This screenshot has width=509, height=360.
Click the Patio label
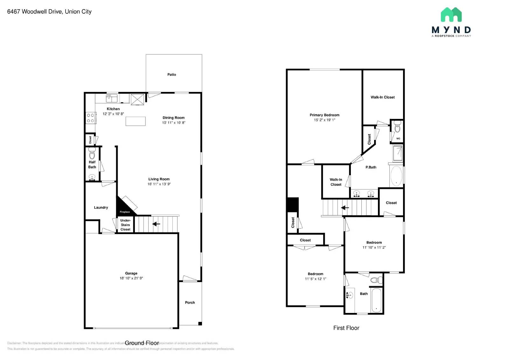171,74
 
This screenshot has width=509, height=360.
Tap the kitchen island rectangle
136,121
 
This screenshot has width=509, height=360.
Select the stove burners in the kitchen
90,118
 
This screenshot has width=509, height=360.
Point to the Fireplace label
125,212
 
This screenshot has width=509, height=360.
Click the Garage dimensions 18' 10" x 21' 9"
131,278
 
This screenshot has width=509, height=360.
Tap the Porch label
190,302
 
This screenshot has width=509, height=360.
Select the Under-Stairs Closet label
125,225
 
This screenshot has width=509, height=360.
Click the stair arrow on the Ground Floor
156,224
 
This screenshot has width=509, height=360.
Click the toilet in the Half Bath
92,155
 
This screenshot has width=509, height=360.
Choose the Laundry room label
101,207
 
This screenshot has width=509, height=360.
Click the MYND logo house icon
451,15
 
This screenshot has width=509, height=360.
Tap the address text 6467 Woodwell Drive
49,11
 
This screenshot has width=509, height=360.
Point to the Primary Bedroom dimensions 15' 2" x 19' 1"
324,120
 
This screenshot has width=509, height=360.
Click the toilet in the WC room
397,128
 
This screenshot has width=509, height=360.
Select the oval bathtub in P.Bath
396,176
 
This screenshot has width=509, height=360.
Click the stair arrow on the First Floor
345,208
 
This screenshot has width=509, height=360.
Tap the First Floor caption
346,328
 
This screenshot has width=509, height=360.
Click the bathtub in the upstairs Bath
376,301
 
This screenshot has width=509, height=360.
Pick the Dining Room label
173,118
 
